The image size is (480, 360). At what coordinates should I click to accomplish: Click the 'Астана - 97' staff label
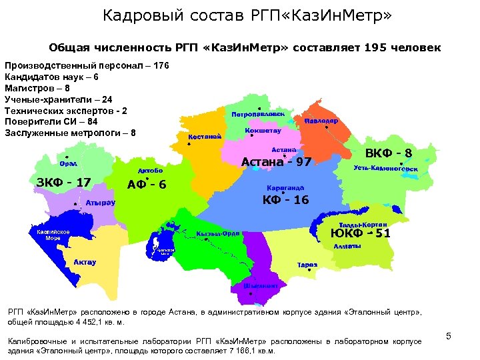click(276, 162)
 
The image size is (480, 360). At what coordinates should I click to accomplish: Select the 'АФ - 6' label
click(147, 185)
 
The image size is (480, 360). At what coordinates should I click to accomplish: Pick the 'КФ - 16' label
click(285, 200)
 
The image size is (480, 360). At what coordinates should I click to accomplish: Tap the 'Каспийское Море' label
click(53, 235)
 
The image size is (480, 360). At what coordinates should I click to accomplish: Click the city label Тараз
click(307, 265)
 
